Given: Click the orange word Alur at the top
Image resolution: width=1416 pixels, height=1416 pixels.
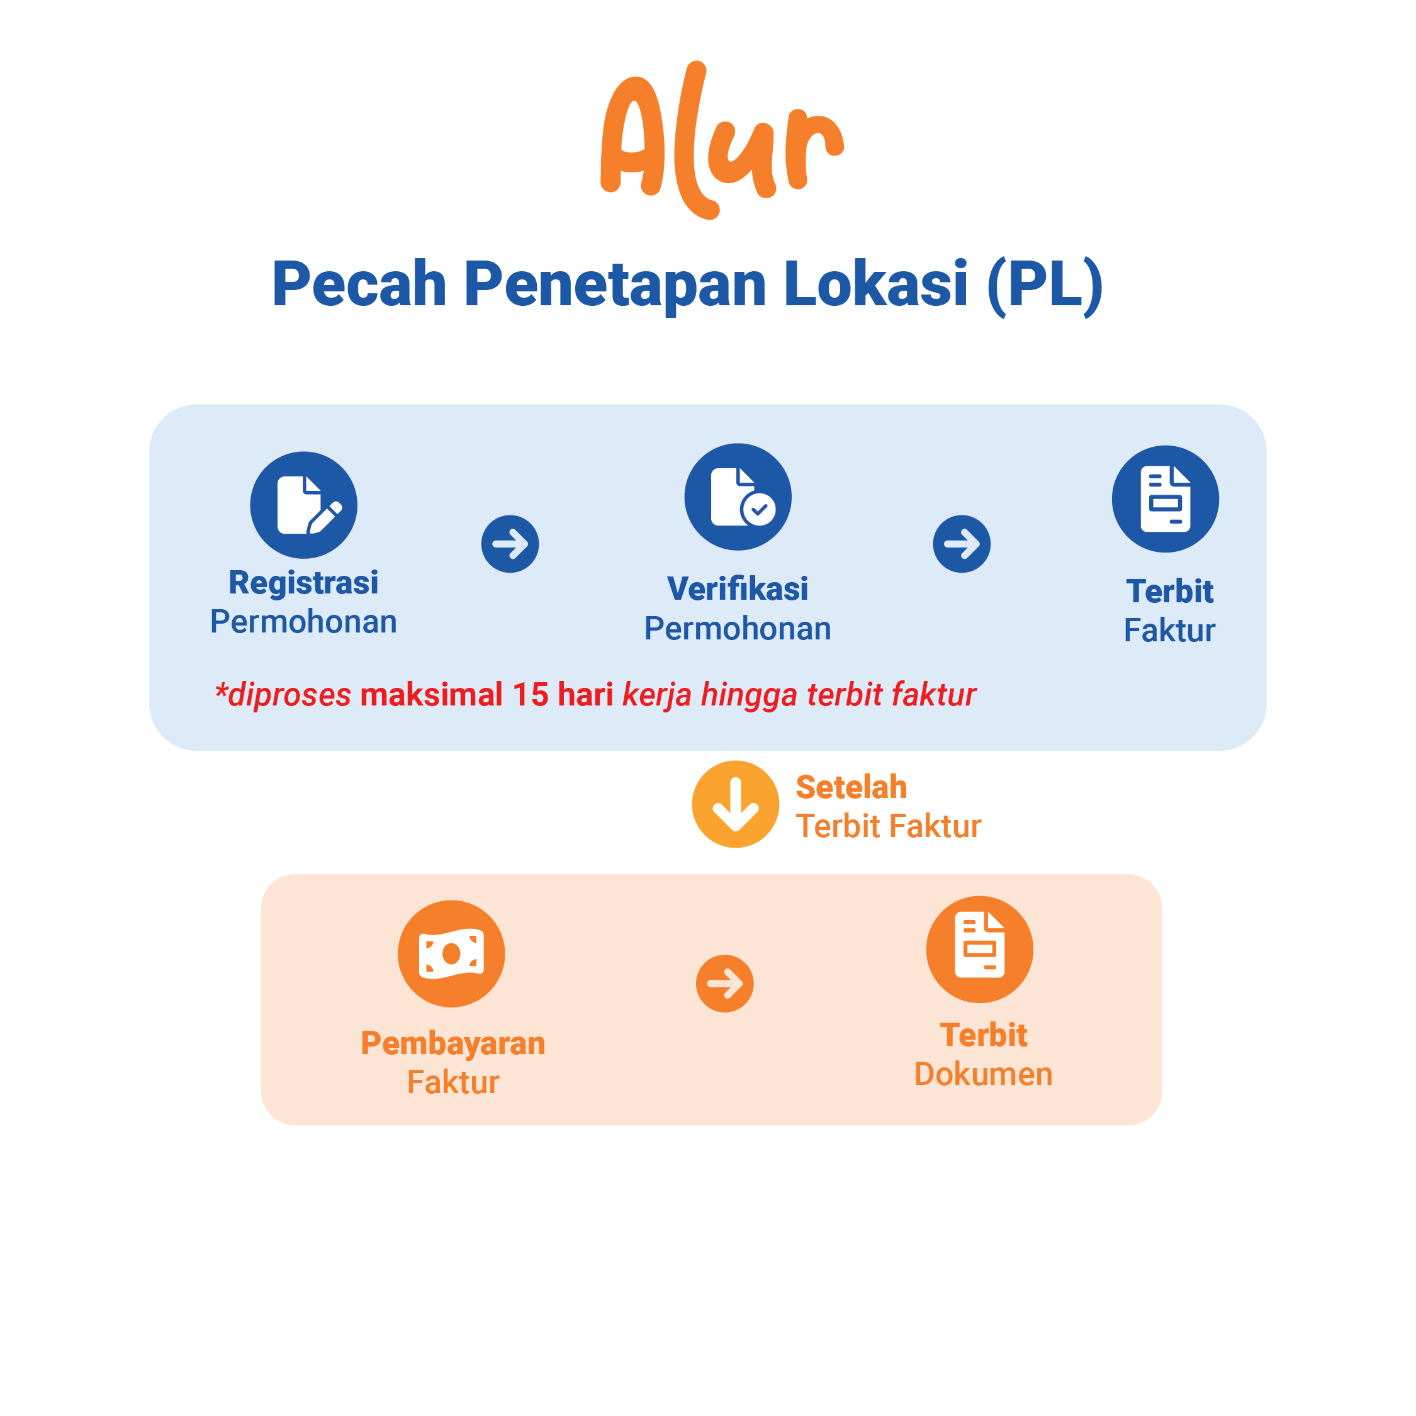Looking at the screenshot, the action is (x=722, y=139).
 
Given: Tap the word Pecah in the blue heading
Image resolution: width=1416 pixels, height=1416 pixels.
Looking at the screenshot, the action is (x=359, y=284).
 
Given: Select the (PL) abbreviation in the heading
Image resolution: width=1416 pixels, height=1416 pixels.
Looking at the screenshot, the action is (x=1045, y=286).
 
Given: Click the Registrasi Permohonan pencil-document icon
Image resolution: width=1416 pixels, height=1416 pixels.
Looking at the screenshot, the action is (x=303, y=505).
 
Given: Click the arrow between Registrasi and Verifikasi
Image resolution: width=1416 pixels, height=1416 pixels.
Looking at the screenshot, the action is (x=510, y=544).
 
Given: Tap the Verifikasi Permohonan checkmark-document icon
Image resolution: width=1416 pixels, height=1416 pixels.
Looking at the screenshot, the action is (x=738, y=497).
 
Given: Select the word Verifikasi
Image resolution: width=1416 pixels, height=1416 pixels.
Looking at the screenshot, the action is (x=738, y=588).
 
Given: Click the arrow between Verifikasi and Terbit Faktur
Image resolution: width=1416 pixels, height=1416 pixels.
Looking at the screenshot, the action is (x=962, y=544).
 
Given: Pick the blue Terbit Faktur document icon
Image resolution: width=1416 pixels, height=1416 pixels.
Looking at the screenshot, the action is (x=1166, y=499).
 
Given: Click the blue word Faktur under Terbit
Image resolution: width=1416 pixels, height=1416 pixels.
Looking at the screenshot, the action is (x=1170, y=631).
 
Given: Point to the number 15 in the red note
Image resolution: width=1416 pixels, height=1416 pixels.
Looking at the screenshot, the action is (x=531, y=695).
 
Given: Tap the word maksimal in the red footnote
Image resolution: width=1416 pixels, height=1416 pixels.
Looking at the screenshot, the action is (x=432, y=695).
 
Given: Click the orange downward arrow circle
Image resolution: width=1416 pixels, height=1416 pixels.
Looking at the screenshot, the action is (x=736, y=804).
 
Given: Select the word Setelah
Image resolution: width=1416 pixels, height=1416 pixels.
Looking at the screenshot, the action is (x=851, y=787).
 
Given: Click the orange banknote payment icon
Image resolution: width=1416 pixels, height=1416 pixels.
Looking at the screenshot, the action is (x=451, y=953).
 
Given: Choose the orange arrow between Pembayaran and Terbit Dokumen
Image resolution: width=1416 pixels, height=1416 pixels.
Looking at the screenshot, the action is (x=725, y=984).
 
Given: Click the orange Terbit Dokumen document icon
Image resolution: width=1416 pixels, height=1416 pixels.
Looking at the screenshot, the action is (x=980, y=950).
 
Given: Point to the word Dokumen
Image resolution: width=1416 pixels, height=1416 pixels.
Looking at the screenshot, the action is (x=984, y=1074).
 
